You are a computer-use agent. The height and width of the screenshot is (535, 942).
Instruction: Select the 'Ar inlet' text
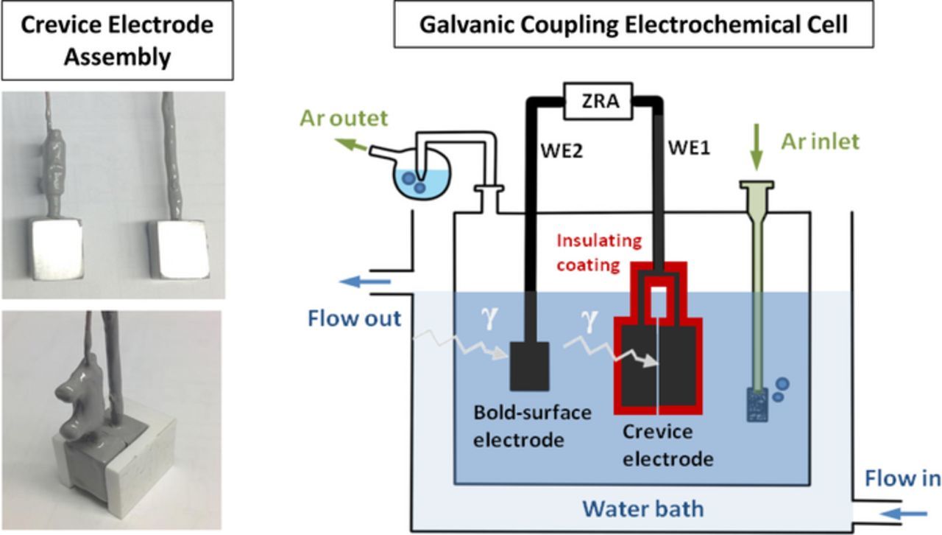tap(820, 141)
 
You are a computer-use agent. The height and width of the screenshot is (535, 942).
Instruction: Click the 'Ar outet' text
tap(343, 118)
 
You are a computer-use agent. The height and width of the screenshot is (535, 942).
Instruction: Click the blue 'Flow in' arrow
tap(904, 513)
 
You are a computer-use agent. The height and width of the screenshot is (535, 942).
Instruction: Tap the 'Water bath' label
tap(642, 508)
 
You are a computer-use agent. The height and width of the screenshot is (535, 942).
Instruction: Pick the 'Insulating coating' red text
tap(598, 253)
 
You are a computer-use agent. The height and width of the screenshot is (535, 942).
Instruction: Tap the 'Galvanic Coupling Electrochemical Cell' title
tap(633, 24)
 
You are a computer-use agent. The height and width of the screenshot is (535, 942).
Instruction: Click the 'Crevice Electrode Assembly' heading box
tap(117, 41)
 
